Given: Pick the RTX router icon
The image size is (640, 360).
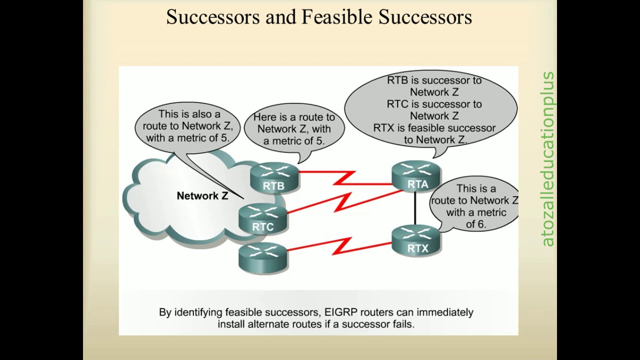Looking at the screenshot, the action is click(x=416, y=240).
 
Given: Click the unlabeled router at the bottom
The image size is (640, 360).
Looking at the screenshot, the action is click(x=262, y=257).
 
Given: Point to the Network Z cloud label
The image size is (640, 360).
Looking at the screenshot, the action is click(x=202, y=195).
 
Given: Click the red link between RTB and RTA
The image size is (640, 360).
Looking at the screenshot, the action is click(x=345, y=178).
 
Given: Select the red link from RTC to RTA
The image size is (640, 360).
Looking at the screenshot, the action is click(x=344, y=201).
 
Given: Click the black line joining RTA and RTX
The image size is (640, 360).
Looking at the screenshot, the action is click(x=415, y=208).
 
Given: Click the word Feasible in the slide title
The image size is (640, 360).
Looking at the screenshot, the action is click(x=337, y=17).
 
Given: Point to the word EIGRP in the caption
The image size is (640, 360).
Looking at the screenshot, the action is click(x=341, y=312).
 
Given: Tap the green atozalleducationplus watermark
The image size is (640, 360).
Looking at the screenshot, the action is click(x=547, y=159).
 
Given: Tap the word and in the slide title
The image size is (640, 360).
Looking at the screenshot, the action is click(x=281, y=17).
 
